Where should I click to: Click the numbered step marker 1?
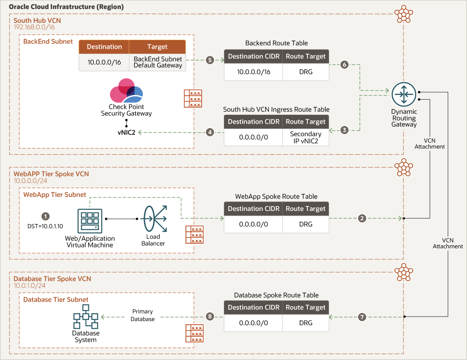[46, 216]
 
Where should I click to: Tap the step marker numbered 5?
[210, 60]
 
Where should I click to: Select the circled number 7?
[361, 317]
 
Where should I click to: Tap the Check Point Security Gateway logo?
[126, 91]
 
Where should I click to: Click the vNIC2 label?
[126, 132]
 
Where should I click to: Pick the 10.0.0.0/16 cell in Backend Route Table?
[253, 72]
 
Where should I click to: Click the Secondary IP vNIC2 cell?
[305, 138]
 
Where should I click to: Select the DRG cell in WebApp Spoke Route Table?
[305, 224]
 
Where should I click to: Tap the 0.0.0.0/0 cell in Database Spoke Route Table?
[253, 323]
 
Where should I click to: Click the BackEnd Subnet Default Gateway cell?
[158, 62]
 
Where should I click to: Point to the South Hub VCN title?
[37, 20]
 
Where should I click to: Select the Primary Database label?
[143, 315]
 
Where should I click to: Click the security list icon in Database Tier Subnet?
[194, 333]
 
